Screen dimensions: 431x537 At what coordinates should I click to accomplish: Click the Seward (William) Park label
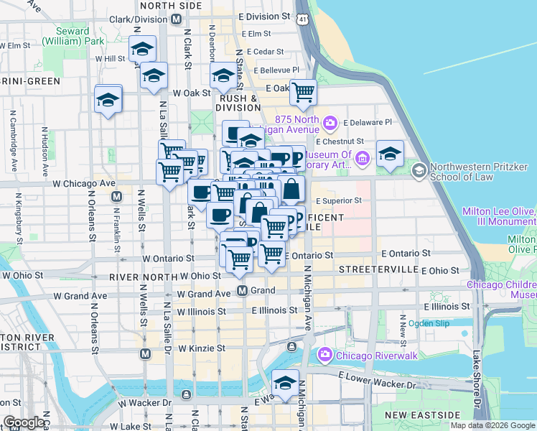(75, 37)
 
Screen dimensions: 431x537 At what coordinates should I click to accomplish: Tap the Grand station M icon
(243, 291)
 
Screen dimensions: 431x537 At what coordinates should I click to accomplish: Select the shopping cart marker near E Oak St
(304, 92)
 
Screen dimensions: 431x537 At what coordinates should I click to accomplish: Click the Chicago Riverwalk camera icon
(324, 353)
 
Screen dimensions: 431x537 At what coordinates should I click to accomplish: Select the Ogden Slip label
(429, 323)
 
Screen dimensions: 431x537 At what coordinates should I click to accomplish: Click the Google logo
(24, 422)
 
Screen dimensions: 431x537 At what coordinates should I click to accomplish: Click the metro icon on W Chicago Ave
(116, 196)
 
